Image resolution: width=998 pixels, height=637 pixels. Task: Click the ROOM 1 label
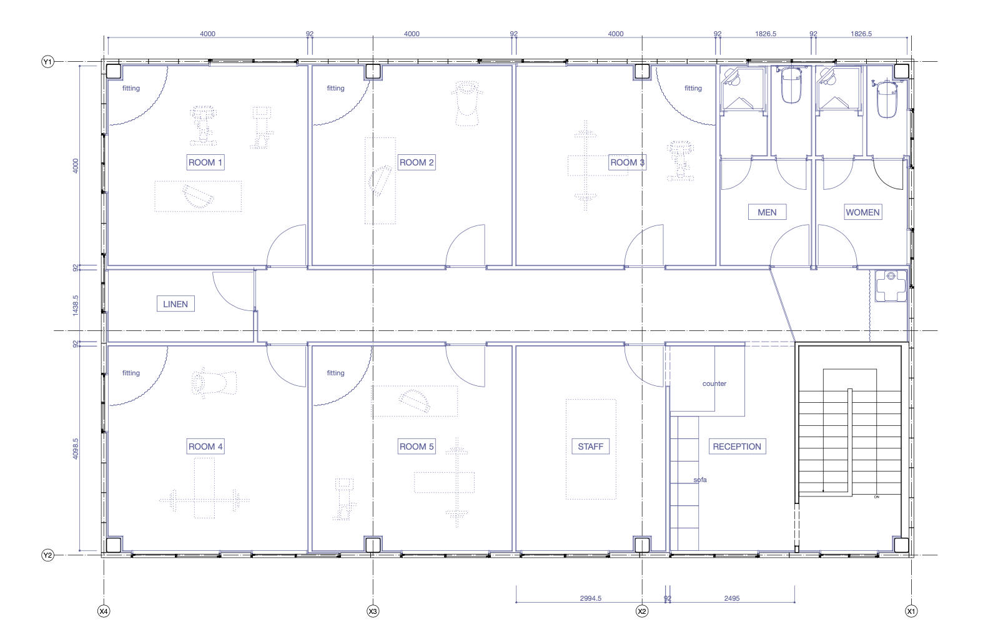[x=205, y=162]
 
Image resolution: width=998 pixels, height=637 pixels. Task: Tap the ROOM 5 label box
[x=417, y=447]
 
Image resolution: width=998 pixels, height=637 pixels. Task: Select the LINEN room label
[x=175, y=304]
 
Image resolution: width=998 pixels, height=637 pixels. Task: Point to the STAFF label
[x=590, y=447]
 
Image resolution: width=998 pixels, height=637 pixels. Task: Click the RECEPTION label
[x=737, y=447]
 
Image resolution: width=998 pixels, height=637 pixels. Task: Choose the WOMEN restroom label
[x=862, y=212]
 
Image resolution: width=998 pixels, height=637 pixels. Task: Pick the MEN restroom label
[x=767, y=212]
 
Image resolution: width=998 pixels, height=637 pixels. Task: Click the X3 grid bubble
[x=373, y=611]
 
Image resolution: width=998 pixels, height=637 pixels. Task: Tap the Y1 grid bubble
[x=47, y=61]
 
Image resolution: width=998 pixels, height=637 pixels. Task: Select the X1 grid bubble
[x=911, y=611]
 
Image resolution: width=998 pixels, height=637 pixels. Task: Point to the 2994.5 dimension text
[x=591, y=598]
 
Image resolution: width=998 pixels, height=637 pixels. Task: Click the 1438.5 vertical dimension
[x=76, y=305]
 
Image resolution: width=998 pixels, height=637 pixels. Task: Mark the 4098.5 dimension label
[x=76, y=449]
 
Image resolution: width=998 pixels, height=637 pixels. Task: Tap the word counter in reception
[x=714, y=383]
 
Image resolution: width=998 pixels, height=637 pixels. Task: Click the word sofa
[x=700, y=480]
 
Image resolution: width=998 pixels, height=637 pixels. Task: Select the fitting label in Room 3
[x=693, y=88]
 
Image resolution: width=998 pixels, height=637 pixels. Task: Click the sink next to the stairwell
[x=891, y=285]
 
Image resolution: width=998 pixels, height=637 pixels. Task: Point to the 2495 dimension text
[x=731, y=598]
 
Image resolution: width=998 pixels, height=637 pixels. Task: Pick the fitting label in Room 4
[x=131, y=373]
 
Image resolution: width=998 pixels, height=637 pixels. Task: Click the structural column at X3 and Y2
[x=373, y=545]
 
